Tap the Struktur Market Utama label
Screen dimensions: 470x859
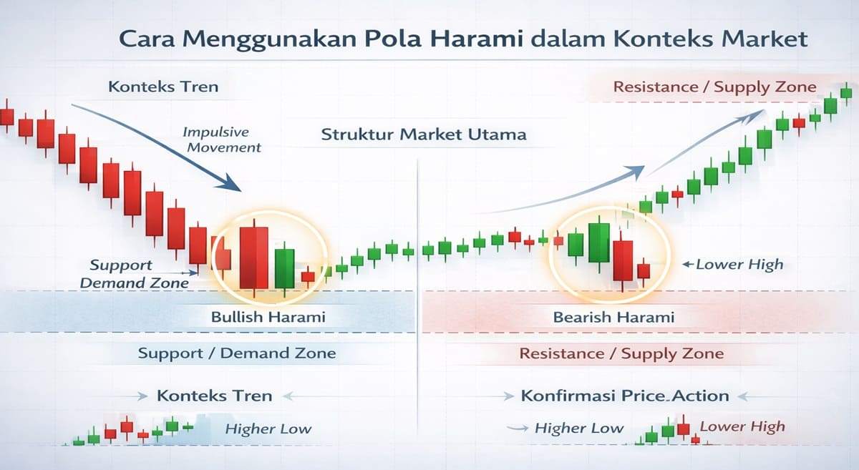(423, 134)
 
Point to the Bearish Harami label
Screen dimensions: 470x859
(613, 317)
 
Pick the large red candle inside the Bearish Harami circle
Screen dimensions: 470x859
(623, 261)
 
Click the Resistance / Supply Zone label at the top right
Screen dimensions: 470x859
(714, 87)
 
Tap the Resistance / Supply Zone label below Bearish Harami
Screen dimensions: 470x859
(621, 353)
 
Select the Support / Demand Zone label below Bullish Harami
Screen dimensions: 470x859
(236, 353)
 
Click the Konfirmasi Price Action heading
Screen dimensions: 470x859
(625, 396)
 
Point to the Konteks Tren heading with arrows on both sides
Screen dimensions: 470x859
(214, 396)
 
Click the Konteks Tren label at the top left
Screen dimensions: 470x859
(163, 87)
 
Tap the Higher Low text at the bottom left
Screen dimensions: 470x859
(268, 429)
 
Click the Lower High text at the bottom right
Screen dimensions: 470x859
(742, 427)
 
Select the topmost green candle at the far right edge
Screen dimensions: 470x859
(847, 91)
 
